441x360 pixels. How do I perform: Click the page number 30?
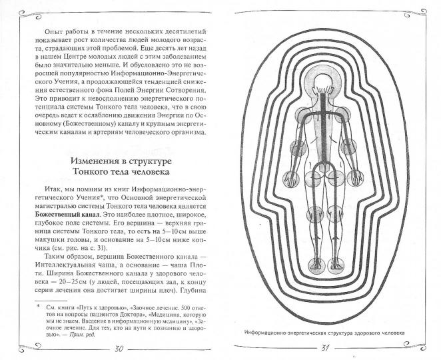coord(118,348)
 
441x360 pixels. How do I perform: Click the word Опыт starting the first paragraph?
coord(54,31)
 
